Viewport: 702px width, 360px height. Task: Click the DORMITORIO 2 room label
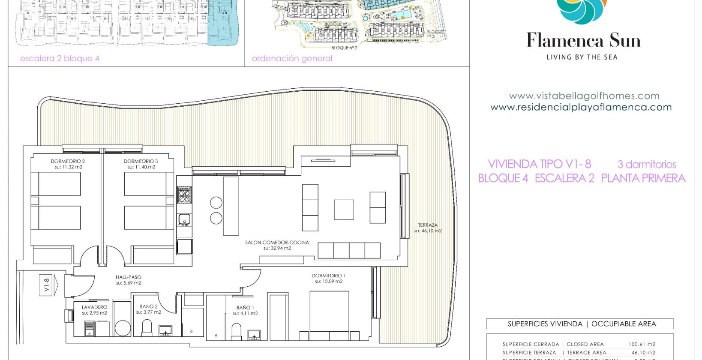[68, 161]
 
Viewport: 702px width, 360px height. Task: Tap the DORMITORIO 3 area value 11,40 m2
[141, 167]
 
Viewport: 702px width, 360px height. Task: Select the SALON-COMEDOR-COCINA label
[277, 243]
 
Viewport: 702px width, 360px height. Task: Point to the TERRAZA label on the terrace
[428, 225]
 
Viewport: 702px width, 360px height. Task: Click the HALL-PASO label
[128, 277]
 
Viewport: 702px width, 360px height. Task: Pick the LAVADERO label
[94, 307]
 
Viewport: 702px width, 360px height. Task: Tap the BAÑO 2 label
[149, 306]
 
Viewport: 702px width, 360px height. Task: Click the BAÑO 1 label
[245, 308]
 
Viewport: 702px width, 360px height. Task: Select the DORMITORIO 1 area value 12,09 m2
[329, 282]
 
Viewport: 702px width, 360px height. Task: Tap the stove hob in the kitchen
[184, 195]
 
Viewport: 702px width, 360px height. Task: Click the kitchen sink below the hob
[184, 219]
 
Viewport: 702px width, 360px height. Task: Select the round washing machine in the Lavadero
[123, 328]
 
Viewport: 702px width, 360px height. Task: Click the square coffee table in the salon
[344, 210]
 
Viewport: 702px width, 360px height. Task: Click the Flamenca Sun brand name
[583, 41]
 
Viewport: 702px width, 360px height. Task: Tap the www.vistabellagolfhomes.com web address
[584, 96]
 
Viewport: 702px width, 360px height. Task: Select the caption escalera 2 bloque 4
[60, 58]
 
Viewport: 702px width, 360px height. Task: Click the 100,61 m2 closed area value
[642, 344]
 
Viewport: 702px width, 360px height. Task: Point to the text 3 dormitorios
[646, 165]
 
